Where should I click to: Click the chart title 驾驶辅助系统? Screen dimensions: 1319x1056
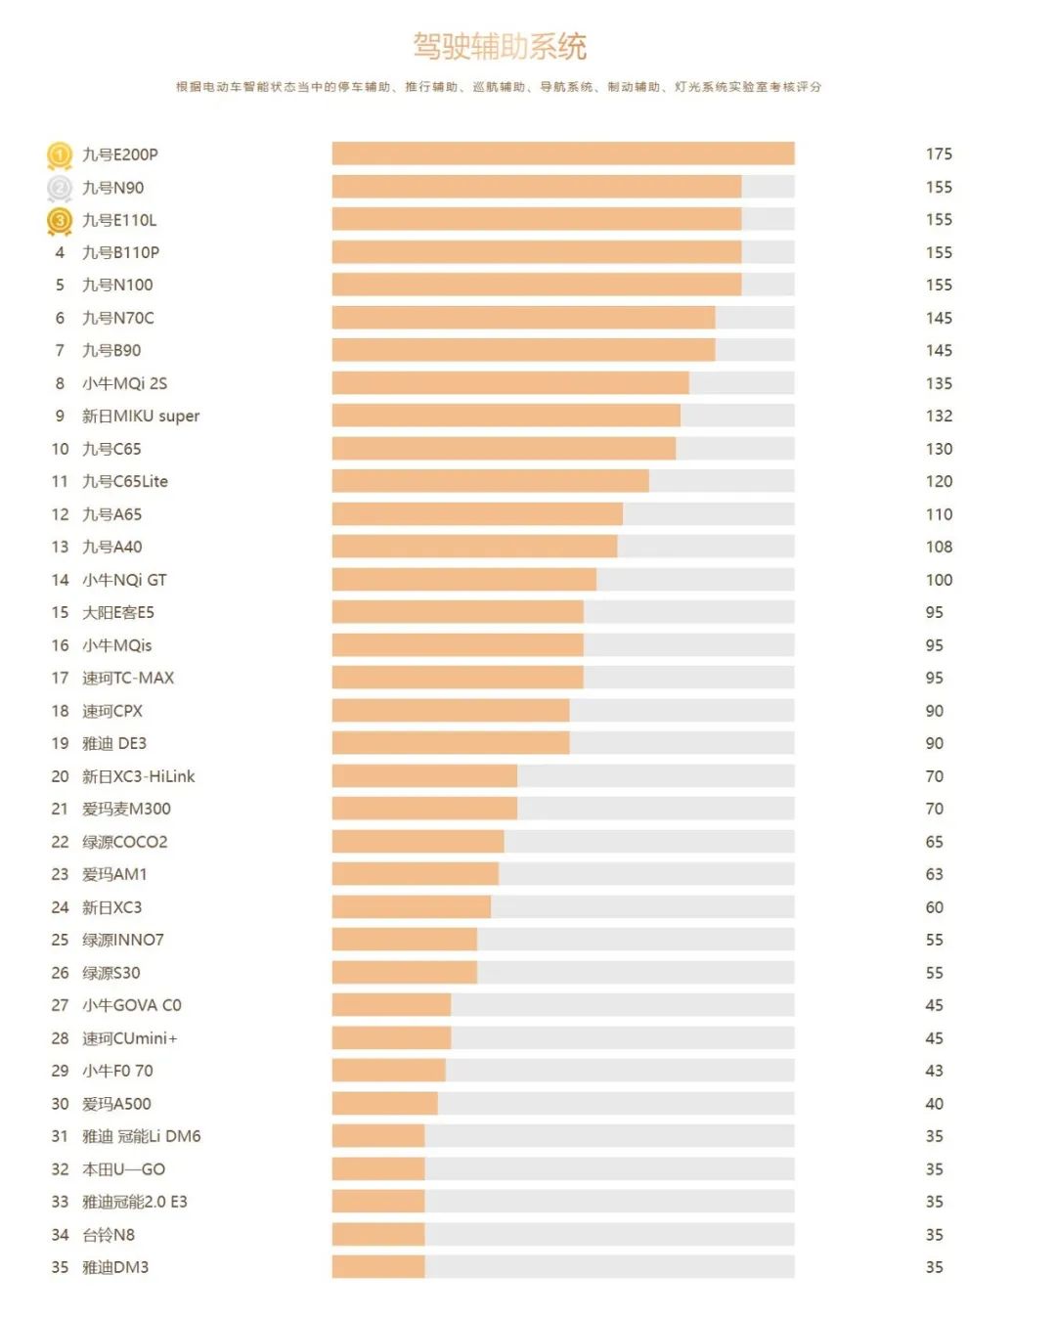coord(500,46)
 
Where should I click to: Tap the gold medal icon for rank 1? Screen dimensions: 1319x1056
coord(60,154)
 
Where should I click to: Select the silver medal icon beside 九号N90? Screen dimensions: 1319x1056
coord(60,188)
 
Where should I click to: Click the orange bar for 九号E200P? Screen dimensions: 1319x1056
coord(562,154)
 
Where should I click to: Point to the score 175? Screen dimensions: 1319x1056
coord(939,154)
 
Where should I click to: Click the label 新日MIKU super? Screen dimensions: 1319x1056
coord(141,417)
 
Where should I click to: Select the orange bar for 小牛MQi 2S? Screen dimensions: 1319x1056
coord(510,383)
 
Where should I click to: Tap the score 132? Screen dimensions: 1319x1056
coord(939,417)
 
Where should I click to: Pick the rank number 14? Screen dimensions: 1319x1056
coord(60,580)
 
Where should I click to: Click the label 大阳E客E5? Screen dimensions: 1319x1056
coord(118,613)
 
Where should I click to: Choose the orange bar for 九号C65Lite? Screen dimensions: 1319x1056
coord(490,481)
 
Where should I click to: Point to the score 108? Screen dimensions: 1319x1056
coord(939,548)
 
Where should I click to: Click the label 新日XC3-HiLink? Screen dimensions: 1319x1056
coord(139,776)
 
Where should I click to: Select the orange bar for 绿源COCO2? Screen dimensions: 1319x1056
coord(418,842)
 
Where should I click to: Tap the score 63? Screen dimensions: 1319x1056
coord(935,874)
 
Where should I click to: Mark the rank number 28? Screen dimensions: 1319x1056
coord(60,1038)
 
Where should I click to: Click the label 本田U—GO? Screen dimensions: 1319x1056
coord(124,1169)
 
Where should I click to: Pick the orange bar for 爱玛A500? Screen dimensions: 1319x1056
coord(384,1104)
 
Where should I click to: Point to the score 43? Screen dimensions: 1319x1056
coord(935,1071)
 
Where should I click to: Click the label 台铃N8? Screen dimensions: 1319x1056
coord(109,1235)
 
